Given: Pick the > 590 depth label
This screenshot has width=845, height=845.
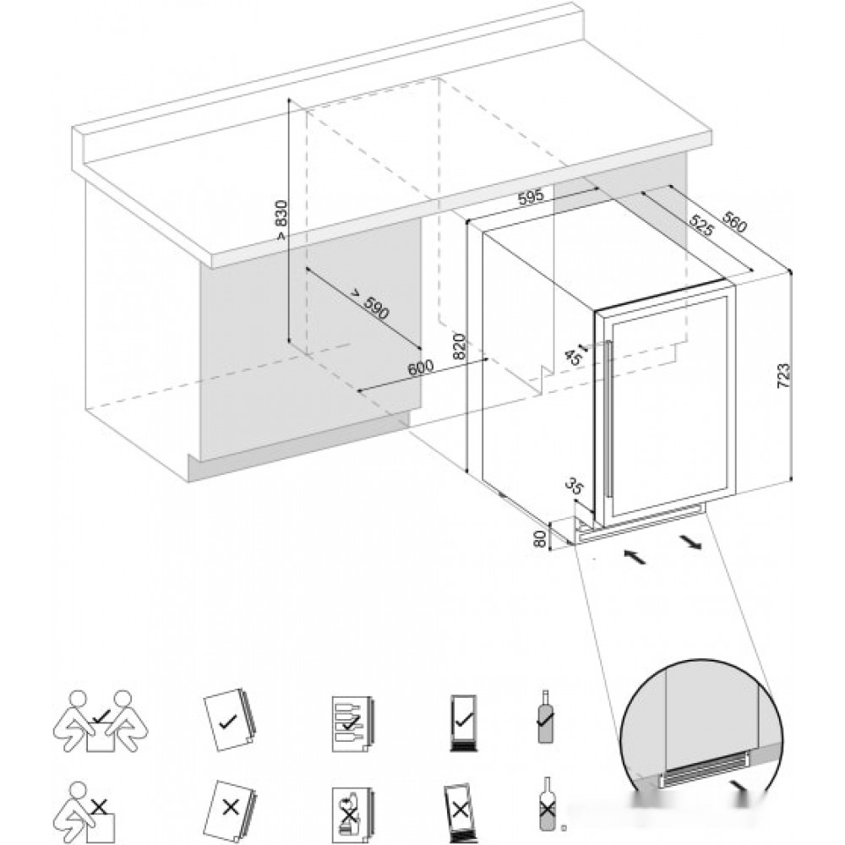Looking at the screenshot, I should [370, 304].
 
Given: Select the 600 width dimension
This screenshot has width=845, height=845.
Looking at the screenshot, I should [420, 368].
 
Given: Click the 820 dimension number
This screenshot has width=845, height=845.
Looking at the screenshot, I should [460, 346].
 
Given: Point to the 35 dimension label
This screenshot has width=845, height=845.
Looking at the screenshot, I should [574, 486].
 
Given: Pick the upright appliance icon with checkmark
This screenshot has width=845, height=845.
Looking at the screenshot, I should [462, 723].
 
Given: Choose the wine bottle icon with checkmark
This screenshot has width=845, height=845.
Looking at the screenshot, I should [546, 718].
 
